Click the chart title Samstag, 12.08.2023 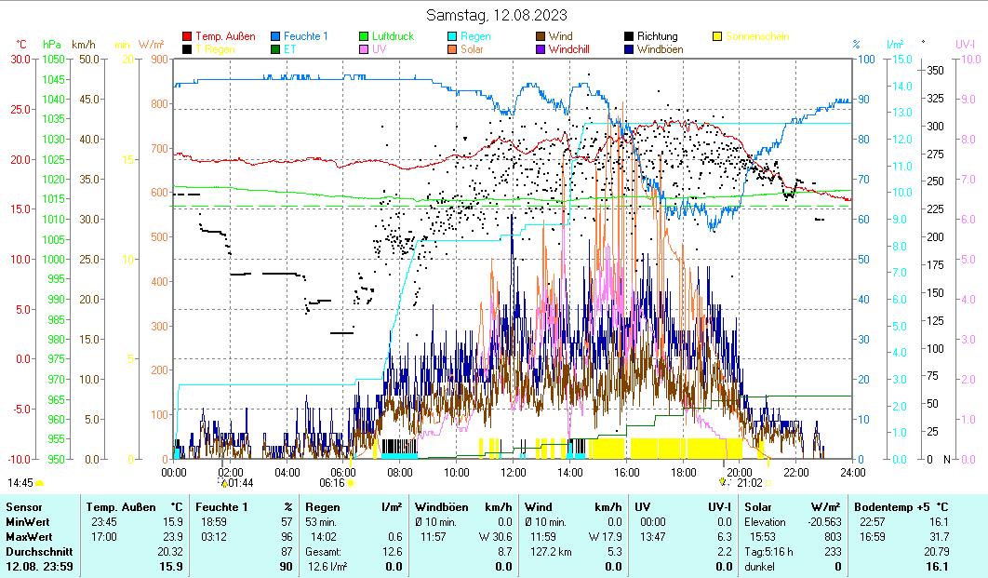click(496, 15)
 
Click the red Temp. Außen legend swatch click(187, 37)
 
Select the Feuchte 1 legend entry click(305, 37)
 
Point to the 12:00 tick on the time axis click(514, 472)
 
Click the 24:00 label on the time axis click(852, 472)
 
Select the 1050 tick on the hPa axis click(52, 59)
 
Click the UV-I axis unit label click(965, 44)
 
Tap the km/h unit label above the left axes click(84, 44)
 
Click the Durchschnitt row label click(33, 551)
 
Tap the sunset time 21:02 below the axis click(750, 483)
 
